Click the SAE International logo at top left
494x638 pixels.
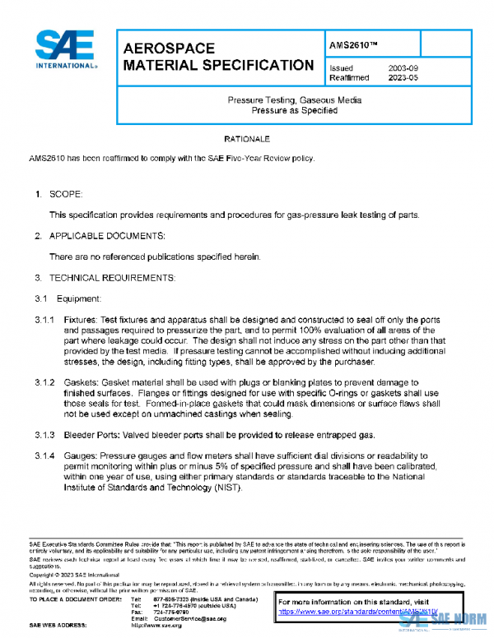click(65, 50)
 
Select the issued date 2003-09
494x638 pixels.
click(403, 68)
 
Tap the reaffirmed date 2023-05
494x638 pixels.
click(403, 78)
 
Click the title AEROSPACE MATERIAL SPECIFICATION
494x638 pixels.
click(217, 57)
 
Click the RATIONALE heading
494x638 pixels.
click(247, 139)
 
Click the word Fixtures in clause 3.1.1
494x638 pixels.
click(81, 319)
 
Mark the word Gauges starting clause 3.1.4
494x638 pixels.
click(81, 455)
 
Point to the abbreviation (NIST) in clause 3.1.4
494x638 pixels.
click(228, 488)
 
